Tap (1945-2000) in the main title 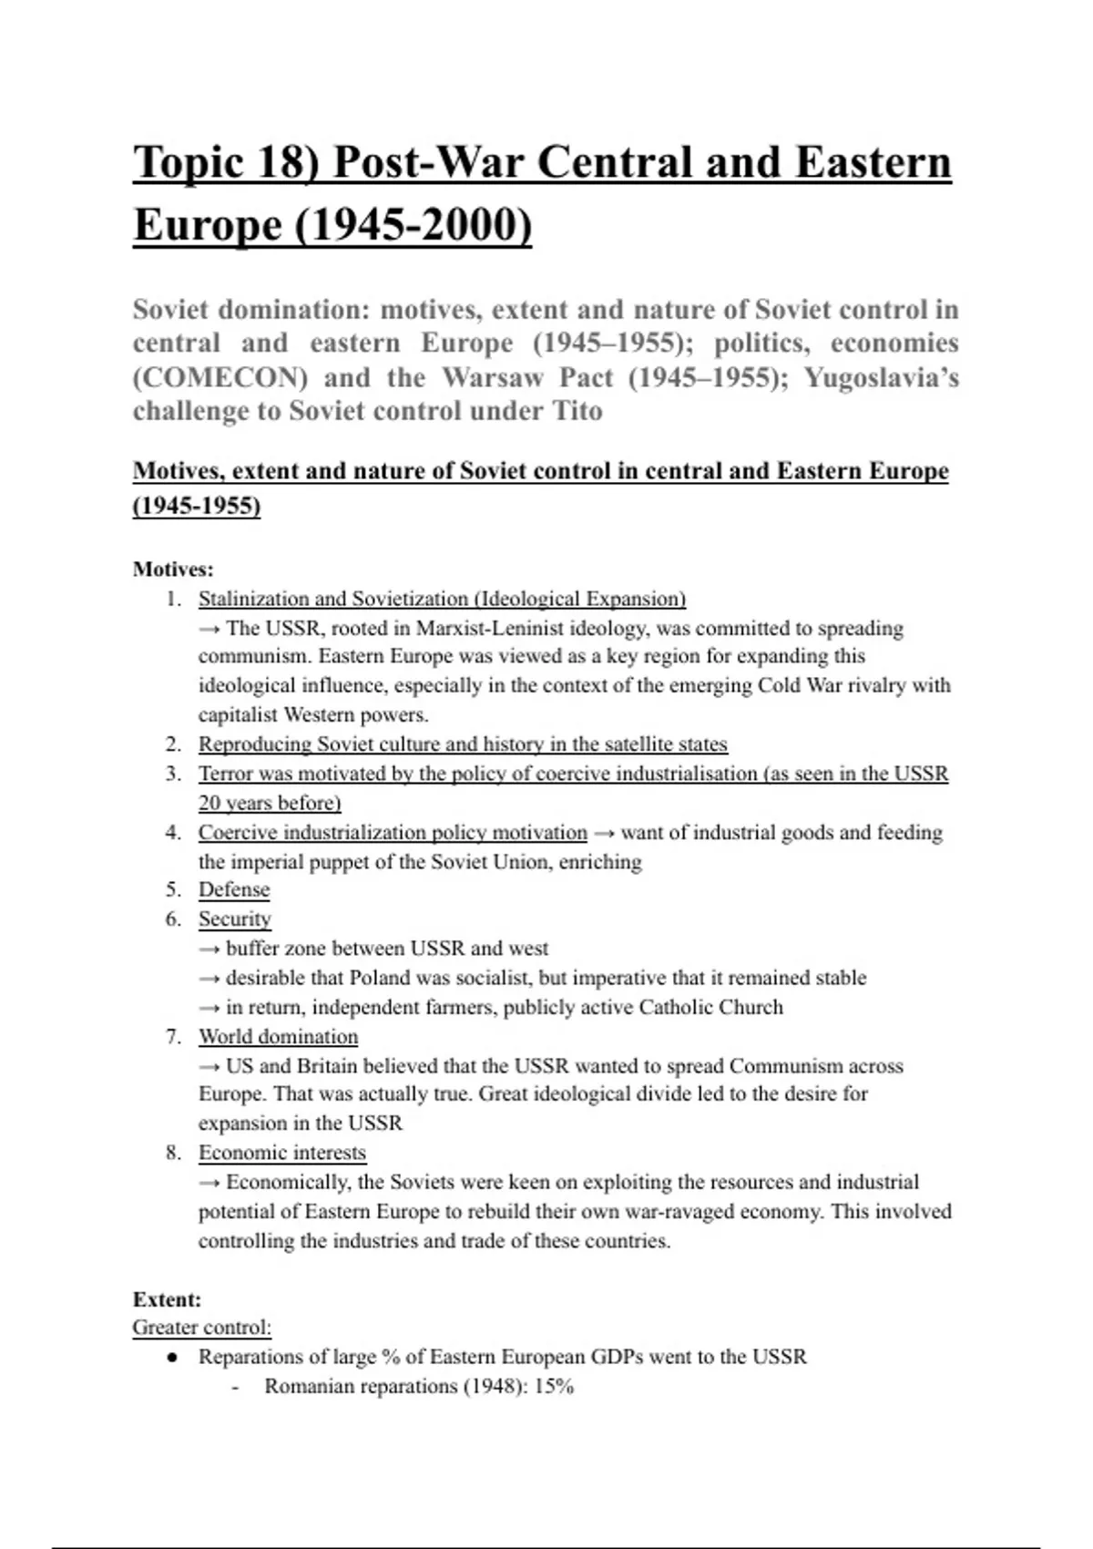[414, 225]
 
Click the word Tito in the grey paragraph [577, 411]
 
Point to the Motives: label [173, 569]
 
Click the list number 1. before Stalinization [174, 600]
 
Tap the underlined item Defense [234, 890]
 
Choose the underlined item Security [235, 919]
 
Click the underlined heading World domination [278, 1037]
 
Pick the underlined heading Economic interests [281, 1154]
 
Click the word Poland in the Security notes [380, 979]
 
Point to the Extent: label [167, 1299]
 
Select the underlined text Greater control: [201, 1328]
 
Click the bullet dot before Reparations [171, 1358]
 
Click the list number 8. [174, 1154]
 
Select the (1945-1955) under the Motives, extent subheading [197, 506]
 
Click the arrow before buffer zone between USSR [209, 949]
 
